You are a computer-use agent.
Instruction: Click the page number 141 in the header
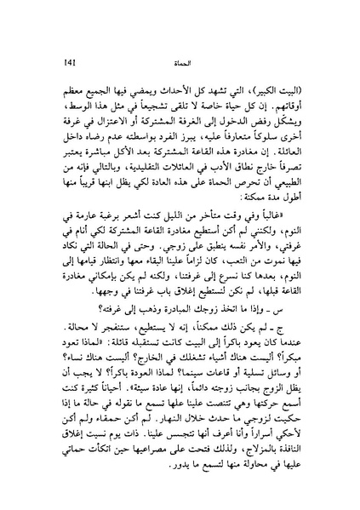pyautogui.click(x=44, y=61)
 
